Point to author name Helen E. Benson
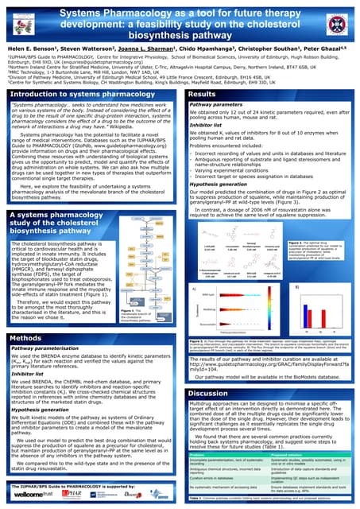(x=29, y=49)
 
